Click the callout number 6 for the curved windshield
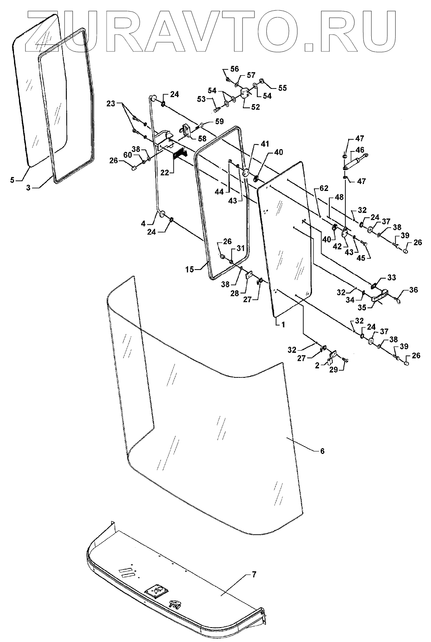(x=322, y=451)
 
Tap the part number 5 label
(x=12, y=180)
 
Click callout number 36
(x=413, y=290)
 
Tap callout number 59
(x=219, y=121)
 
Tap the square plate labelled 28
(x=249, y=275)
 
